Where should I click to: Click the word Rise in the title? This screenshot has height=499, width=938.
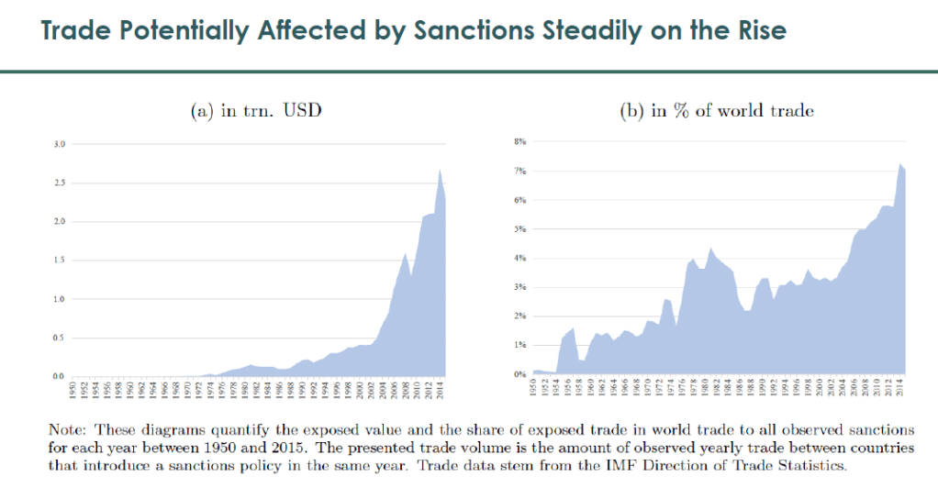[756, 30]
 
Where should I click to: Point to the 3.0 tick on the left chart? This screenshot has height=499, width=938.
[60, 144]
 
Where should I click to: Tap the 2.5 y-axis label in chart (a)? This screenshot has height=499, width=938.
[60, 183]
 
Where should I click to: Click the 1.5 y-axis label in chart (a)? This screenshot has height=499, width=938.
[60, 261]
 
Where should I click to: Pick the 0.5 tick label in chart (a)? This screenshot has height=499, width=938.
[60, 338]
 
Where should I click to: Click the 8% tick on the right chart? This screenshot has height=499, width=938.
[519, 142]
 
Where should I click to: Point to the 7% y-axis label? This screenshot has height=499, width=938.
[519, 172]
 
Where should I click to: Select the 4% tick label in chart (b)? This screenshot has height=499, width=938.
[519, 259]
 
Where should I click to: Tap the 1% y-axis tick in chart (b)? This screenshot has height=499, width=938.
[519, 345]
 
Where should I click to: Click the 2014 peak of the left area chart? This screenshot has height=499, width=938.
[440, 170]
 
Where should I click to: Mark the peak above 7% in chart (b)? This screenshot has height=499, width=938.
[899, 164]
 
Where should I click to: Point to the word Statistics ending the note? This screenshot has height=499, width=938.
[808, 466]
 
